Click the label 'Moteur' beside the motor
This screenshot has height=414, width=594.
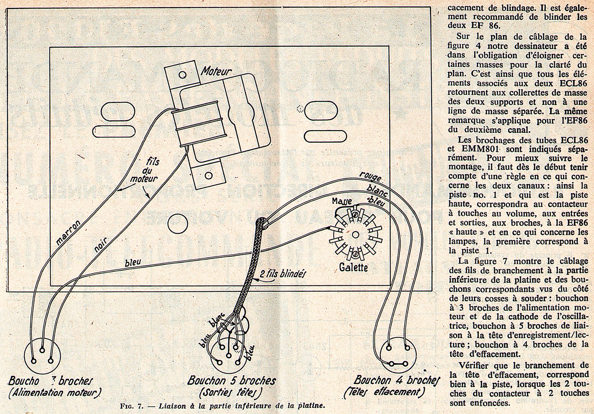216,72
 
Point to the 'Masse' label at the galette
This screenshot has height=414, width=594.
342,201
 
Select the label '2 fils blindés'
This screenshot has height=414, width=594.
282,274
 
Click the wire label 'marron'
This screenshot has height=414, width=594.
69,233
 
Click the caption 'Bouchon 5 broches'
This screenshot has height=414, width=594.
231,381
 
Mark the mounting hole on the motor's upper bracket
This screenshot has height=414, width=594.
182,75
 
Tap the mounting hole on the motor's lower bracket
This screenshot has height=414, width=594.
208,175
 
